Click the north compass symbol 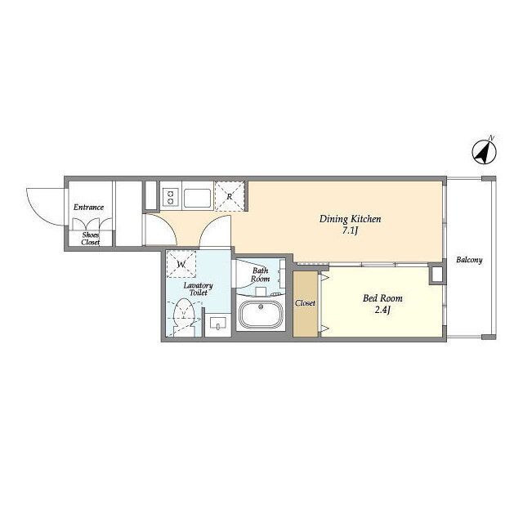(484, 152)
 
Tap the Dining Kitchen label (350, 219)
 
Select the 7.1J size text (350, 230)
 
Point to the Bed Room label (382, 297)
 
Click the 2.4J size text (382, 311)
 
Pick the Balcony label (469, 260)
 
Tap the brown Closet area (305, 303)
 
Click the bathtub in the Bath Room (261, 314)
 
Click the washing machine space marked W (181, 264)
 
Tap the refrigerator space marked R (230, 196)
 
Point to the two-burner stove (171, 197)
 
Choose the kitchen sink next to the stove (197, 198)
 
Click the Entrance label (88, 207)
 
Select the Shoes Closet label (91, 239)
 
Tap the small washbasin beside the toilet (217, 323)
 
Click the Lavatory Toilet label (198, 289)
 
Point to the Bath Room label (260, 275)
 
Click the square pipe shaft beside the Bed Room (437, 275)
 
